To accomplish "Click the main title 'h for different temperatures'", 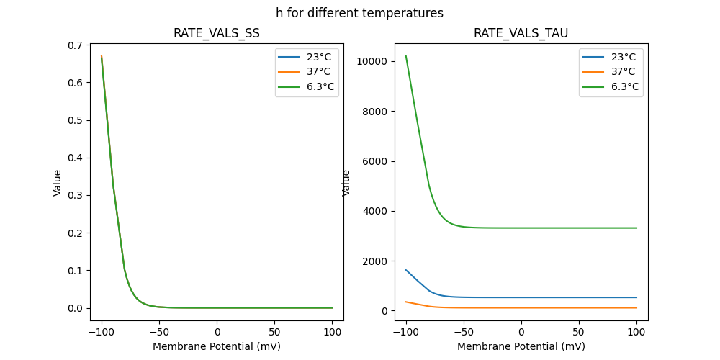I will (x=359, y=13).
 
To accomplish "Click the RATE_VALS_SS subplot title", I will (x=216, y=33).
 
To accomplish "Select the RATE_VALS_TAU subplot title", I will (x=521, y=33).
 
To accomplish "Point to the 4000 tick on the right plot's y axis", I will (x=377, y=211).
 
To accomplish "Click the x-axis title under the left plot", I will (x=216, y=346).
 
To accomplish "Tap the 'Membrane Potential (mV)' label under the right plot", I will (x=521, y=346).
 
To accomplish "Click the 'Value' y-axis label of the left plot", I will (x=58, y=183).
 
